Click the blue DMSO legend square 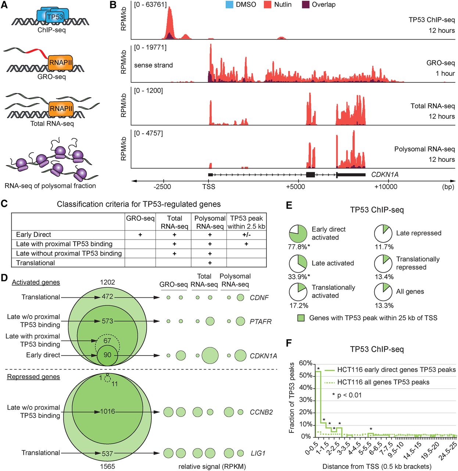pyautogui.click(x=229, y=5)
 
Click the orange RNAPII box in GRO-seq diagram pyautogui.click(x=60, y=63)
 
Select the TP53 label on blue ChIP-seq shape pyautogui.click(x=55, y=17)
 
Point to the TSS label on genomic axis pyautogui.click(x=208, y=187)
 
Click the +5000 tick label pyautogui.click(x=295, y=187)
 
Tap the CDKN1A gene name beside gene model pyautogui.click(x=384, y=174)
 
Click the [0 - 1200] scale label pyautogui.click(x=148, y=91)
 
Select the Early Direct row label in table pyautogui.click(x=33, y=235)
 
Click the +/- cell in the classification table pyautogui.click(x=246, y=235)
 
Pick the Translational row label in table pyautogui.click(x=35, y=263)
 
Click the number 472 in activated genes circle pyautogui.click(x=107, y=297)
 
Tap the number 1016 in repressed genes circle pyautogui.click(x=107, y=411)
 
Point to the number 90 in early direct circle pyautogui.click(x=107, y=355)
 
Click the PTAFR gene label pyautogui.click(x=260, y=322)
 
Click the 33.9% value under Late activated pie pyautogui.click(x=298, y=277)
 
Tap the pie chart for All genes pyautogui.click(x=383, y=292)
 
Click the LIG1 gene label pyautogui.click(x=258, y=453)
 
